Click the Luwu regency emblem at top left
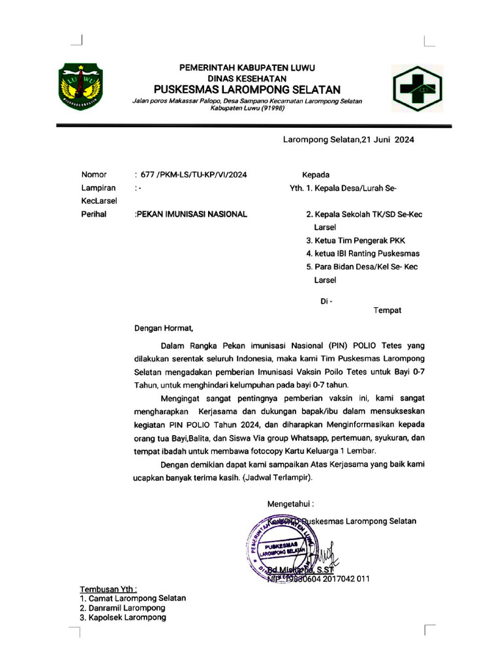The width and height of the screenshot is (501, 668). [82, 85]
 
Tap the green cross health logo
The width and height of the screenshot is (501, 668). [416, 89]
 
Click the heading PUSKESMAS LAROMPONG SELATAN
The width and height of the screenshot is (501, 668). [247, 89]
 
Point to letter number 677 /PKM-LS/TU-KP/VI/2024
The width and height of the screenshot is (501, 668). [192, 175]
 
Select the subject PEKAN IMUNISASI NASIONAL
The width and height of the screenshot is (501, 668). [191, 214]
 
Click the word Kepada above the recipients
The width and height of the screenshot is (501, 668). [315, 175]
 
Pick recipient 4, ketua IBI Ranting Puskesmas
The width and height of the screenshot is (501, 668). [363, 253]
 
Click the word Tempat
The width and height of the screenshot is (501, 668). [387, 311]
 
